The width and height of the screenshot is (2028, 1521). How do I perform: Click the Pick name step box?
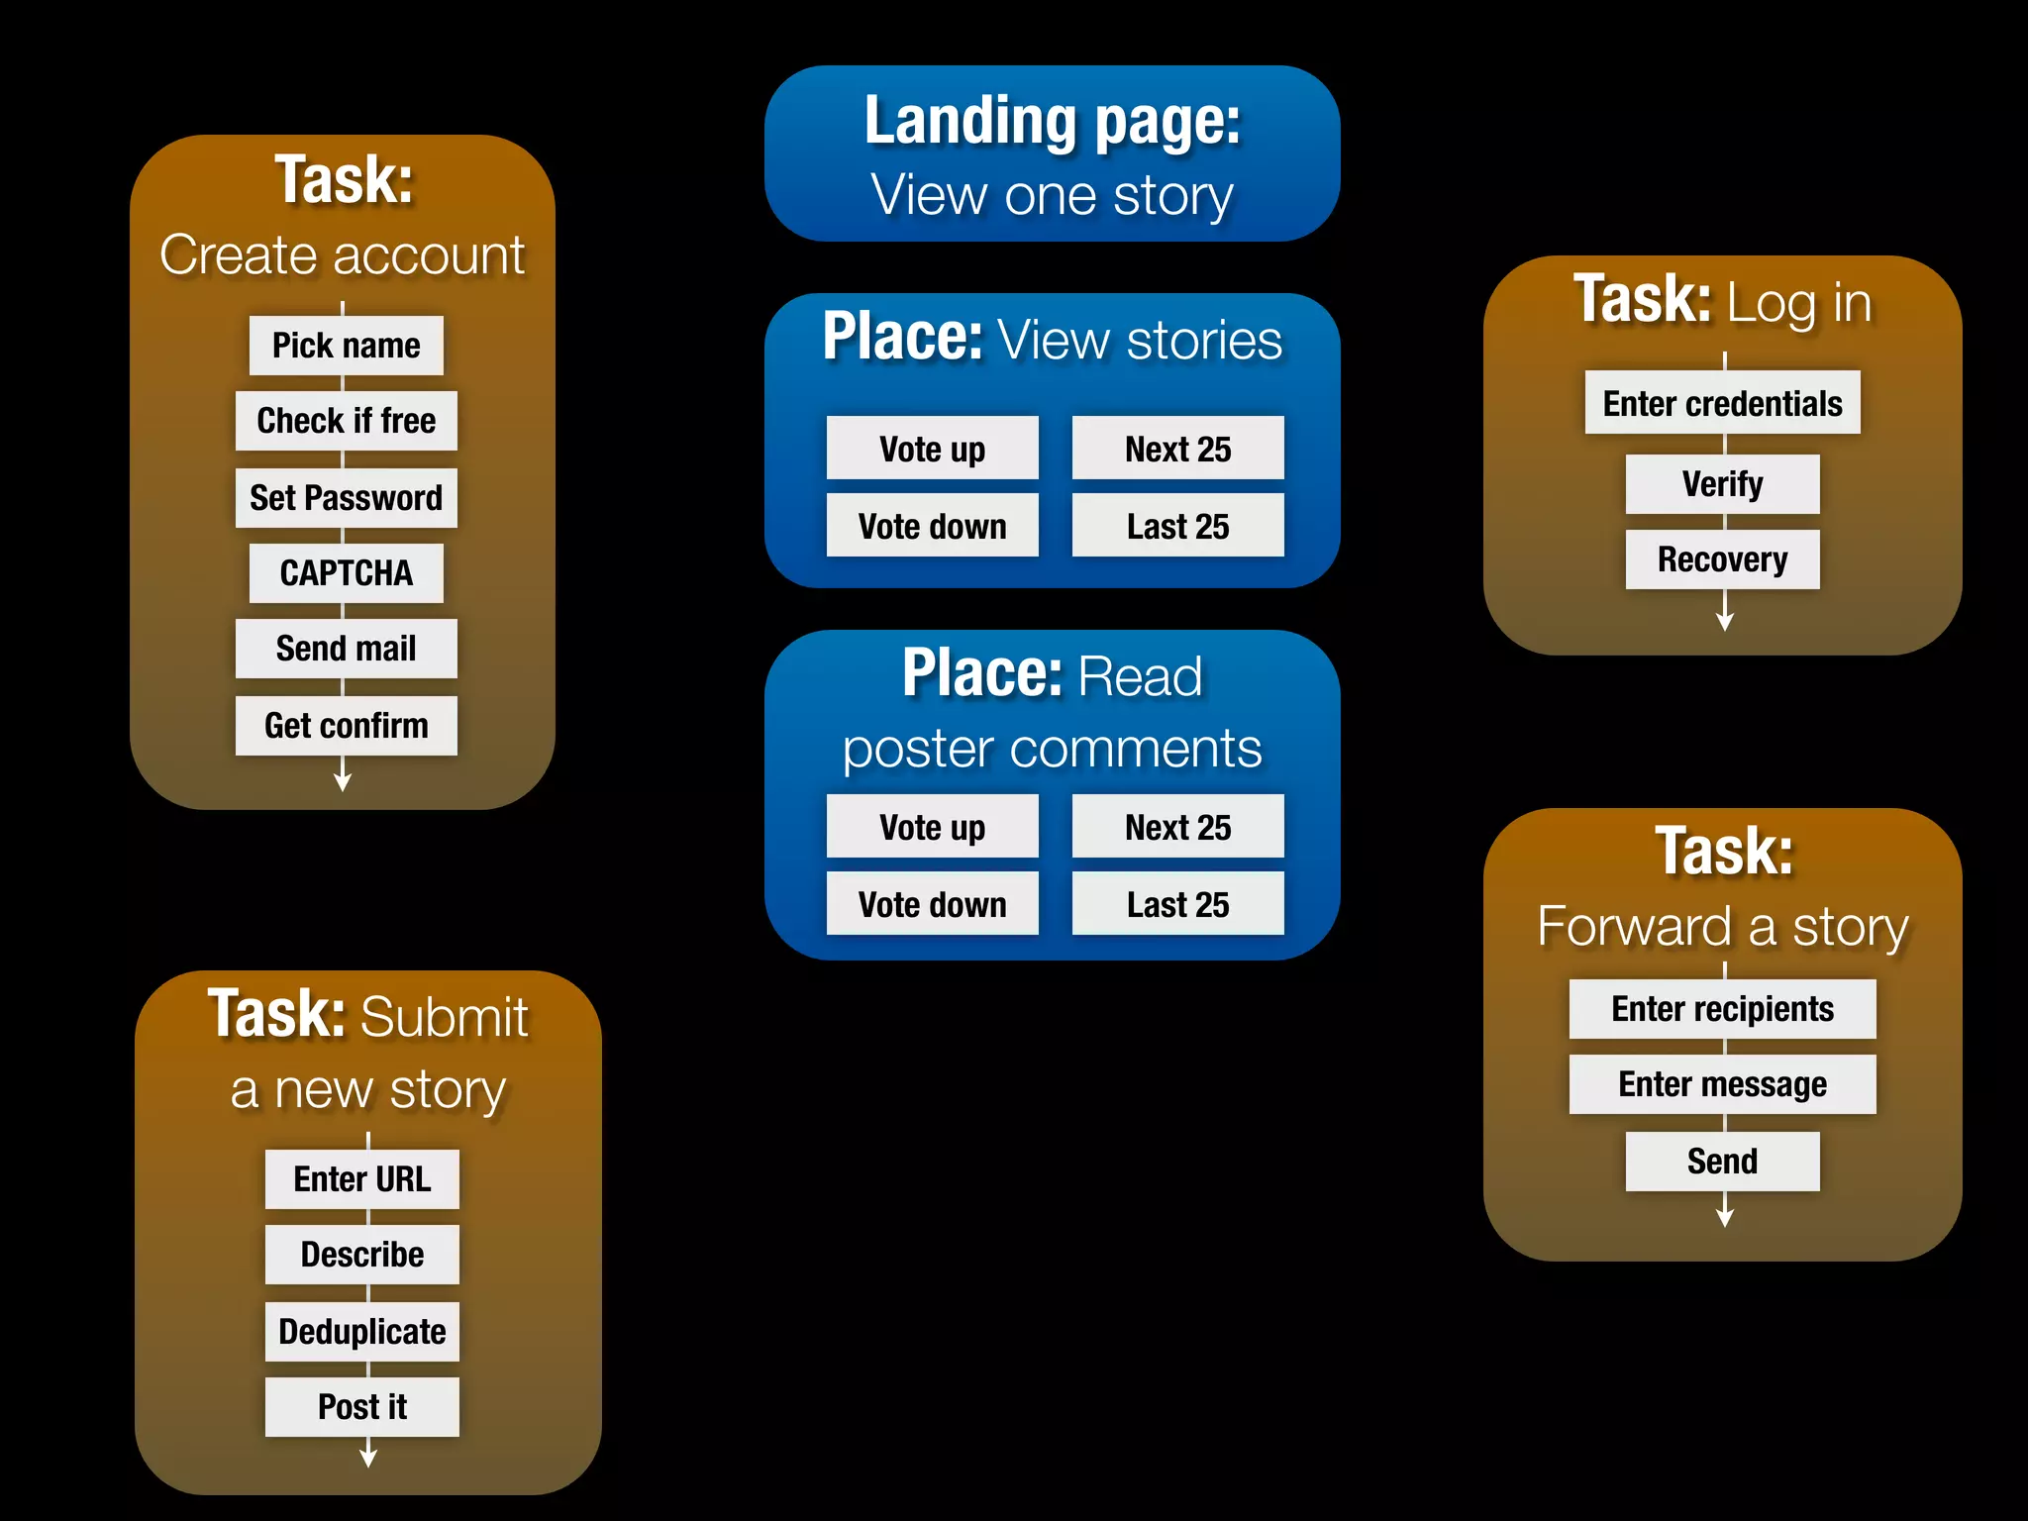(346, 346)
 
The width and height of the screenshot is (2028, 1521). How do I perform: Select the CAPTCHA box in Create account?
(346, 573)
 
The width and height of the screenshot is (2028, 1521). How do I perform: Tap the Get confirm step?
(346, 726)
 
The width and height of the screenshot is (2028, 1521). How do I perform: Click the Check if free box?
(346, 421)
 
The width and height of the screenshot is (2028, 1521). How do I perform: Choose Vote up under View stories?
(932, 449)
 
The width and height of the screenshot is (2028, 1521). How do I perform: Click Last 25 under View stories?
(1177, 526)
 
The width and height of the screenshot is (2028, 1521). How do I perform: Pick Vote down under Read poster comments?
(932, 904)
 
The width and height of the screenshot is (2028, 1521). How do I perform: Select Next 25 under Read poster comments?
(1177, 827)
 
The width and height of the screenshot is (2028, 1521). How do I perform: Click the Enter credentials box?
(1722, 403)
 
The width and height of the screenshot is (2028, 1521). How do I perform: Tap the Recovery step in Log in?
(1722, 559)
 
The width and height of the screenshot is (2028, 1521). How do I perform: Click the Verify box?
(1722, 484)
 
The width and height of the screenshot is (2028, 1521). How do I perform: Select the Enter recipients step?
(1722, 1009)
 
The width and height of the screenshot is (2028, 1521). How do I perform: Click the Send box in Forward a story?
(1722, 1162)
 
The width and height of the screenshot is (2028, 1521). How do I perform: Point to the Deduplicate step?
(361, 1332)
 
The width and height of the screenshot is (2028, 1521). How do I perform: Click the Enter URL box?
(361, 1179)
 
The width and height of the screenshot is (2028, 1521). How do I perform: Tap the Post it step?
(361, 1407)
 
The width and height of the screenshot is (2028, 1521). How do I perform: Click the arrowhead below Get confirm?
(343, 782)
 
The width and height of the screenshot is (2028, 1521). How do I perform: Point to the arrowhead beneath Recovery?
(1725, 622)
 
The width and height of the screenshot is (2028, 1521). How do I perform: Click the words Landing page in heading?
(1052, 121)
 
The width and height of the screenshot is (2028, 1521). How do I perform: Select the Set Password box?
(346, 498)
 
